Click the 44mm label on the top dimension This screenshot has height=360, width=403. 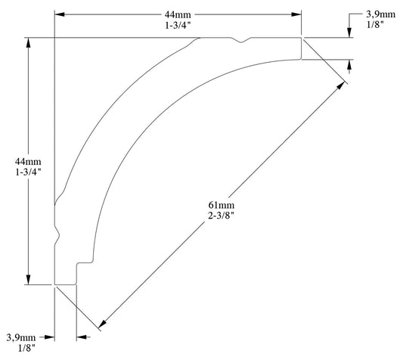178,14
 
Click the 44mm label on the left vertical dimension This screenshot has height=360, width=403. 27,161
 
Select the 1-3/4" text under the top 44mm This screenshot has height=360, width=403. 178,26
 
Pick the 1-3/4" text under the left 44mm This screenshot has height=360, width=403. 27,172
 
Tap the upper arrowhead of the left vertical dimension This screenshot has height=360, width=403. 28,43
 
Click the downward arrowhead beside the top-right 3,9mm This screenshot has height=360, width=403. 349,32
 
